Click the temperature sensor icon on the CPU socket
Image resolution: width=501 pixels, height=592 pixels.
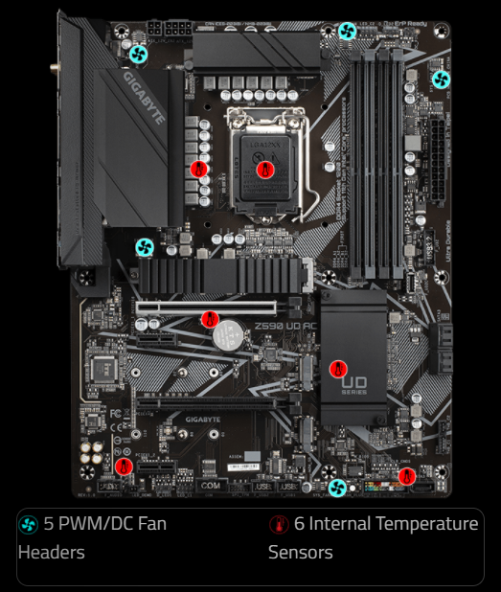point(267,169)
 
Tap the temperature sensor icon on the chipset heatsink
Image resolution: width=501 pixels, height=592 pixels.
point(337,368)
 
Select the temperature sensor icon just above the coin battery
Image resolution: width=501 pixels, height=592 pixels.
point(210,319)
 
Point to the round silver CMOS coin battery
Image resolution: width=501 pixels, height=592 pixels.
point(227,334)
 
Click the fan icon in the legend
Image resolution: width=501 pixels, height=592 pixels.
point(29,524)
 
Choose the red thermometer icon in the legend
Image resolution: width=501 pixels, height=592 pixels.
point(279,524)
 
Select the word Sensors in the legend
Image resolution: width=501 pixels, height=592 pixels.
point(301,553)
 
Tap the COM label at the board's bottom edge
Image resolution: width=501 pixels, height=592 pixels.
point(210,486)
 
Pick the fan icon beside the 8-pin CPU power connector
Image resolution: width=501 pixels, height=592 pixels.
point(139,54)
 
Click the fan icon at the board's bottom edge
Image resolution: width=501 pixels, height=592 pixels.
point(337,489)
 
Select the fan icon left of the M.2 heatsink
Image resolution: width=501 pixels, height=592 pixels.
point(145,248)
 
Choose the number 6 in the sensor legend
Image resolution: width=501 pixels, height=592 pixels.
point(299,524)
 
